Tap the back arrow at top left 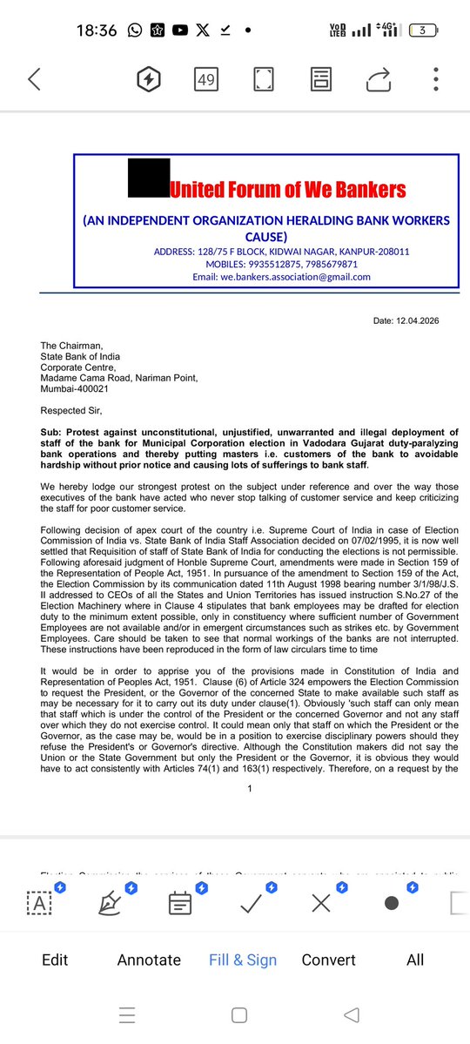tap(34, 80)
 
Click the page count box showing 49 tap(206, 80)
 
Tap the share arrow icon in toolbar tap(379, 80)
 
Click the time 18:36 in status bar tap(96, 30)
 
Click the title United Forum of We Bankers tap(287, 189)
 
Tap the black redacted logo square tap(148, 180)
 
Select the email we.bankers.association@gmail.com tap(281, 277)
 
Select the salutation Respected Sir tap(76, 409)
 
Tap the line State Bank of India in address tap(80, 356)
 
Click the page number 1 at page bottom tap(250, 788)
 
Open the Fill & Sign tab tap(243, 960)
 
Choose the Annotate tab tap(149, 960)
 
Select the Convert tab tap(328, 960)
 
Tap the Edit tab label tap(55, 960)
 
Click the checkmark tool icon tap(252, 903)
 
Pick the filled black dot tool tap(392, 903)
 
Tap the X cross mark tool tap(321, 903)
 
